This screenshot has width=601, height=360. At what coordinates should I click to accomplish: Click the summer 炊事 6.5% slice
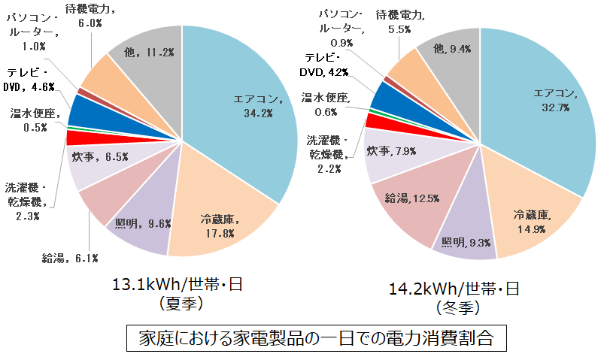pos(94,158)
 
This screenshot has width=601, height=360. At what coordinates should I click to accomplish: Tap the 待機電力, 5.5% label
pos(399,20)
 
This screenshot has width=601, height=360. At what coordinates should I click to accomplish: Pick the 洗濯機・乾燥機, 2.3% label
pos(26,201)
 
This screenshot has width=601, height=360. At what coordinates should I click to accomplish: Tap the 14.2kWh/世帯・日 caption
pos(454,289)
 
